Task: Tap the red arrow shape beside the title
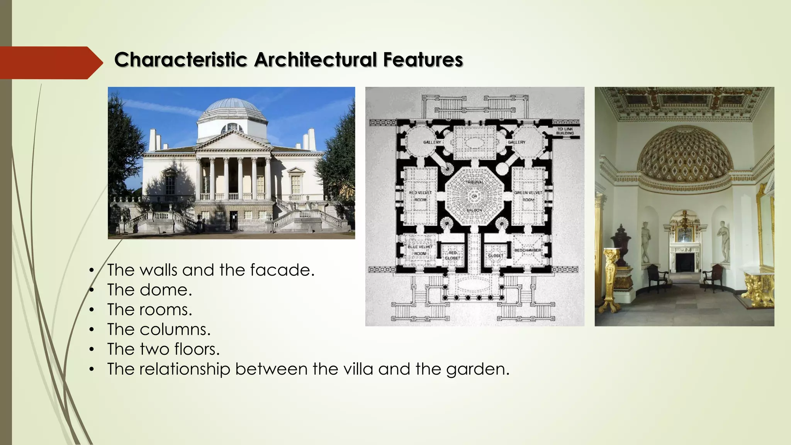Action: coord(50,63)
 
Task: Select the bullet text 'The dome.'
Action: coord(149,290)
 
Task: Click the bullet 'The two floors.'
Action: coord(163,349)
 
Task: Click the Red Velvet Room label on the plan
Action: coord(420,196)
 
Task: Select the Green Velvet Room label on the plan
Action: coord(528,196)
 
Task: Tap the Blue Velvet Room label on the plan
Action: coord(420,250)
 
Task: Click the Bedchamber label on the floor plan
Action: coord(528,250)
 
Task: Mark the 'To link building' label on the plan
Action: coord(565,131)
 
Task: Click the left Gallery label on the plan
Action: coord(432,142)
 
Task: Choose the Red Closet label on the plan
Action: coord(452,255)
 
